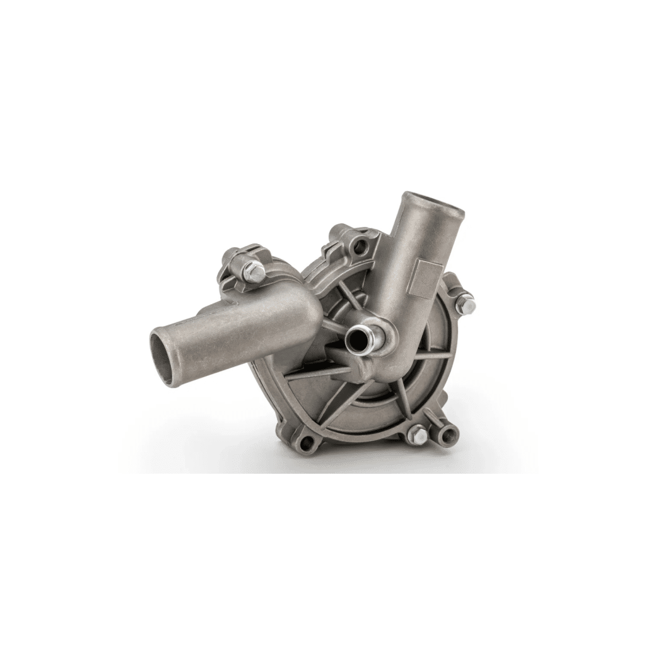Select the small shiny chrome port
tap(357, 340)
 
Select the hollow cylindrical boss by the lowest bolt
tap(449, 434)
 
